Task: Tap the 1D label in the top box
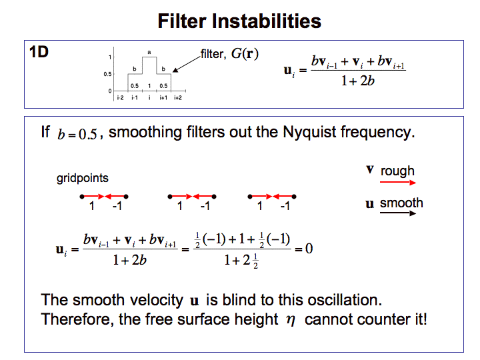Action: [39, 52]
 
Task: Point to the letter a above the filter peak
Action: [149, 52]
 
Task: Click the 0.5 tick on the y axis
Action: [109, 74]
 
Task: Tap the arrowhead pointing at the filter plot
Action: [177, 67]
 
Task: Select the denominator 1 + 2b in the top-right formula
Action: [345, 81]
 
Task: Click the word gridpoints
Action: [83, 178]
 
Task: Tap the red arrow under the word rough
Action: [398, 181]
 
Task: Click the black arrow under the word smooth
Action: [398, 213]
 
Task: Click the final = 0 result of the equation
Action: [304, 249]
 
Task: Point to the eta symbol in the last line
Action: [290, 320]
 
